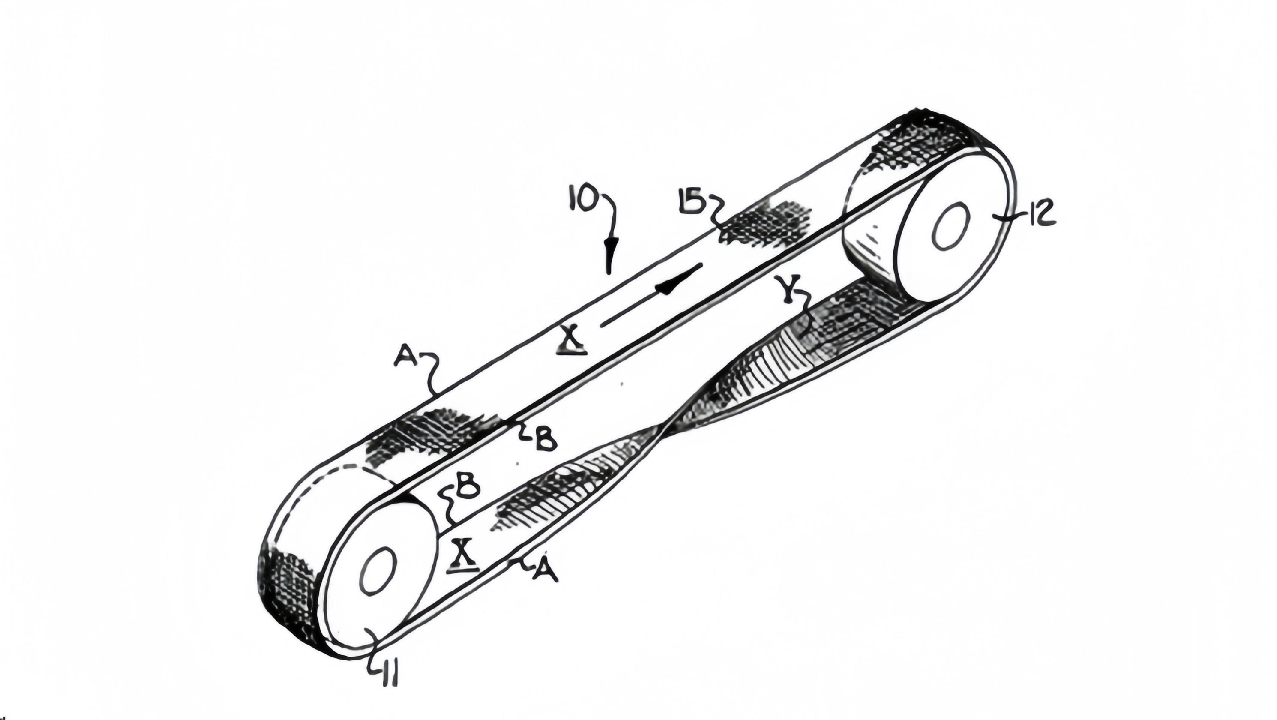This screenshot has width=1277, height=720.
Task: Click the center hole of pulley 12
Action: point(951,225)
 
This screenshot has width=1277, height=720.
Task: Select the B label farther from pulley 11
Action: point(544,439)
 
